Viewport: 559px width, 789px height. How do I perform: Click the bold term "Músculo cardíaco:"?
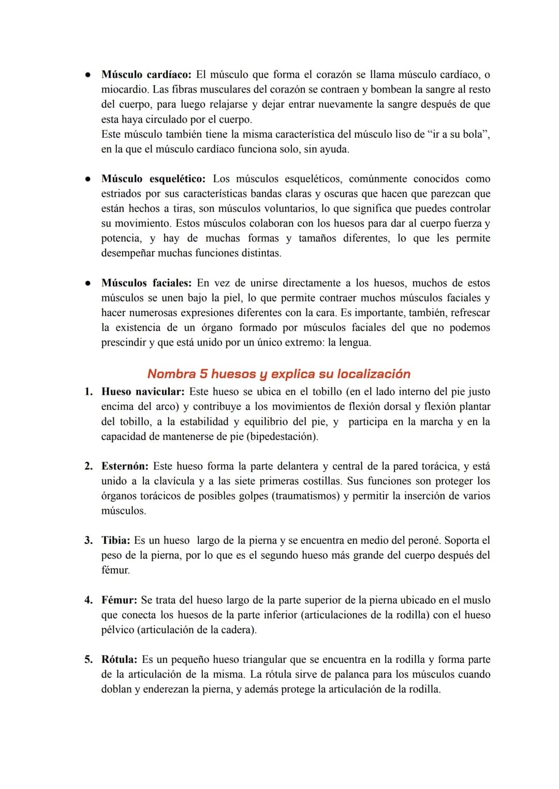click(x=148, y=75)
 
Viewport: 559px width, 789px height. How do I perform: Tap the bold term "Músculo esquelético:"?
click(x=153, y=179)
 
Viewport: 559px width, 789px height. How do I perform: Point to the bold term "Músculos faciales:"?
click(x=146, y=283)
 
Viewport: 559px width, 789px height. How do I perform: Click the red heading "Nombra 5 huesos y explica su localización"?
click(x=278, y=374)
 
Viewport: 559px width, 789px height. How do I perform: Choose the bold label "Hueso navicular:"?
click(x=143, y=392)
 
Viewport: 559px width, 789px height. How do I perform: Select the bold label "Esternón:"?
click(x=125, y=466)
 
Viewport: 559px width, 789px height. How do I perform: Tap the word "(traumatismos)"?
click(x=305, y=496)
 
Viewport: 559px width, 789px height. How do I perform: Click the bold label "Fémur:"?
click(x=119, y=600)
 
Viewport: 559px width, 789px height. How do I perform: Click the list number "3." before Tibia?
click(x=89, y=541)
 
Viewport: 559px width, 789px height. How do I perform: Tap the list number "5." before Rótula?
click(x=89, y=660)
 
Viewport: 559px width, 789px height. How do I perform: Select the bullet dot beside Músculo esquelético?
click(x=89, y=179)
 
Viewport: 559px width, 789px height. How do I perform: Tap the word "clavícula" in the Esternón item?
click(x=175, y=481)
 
